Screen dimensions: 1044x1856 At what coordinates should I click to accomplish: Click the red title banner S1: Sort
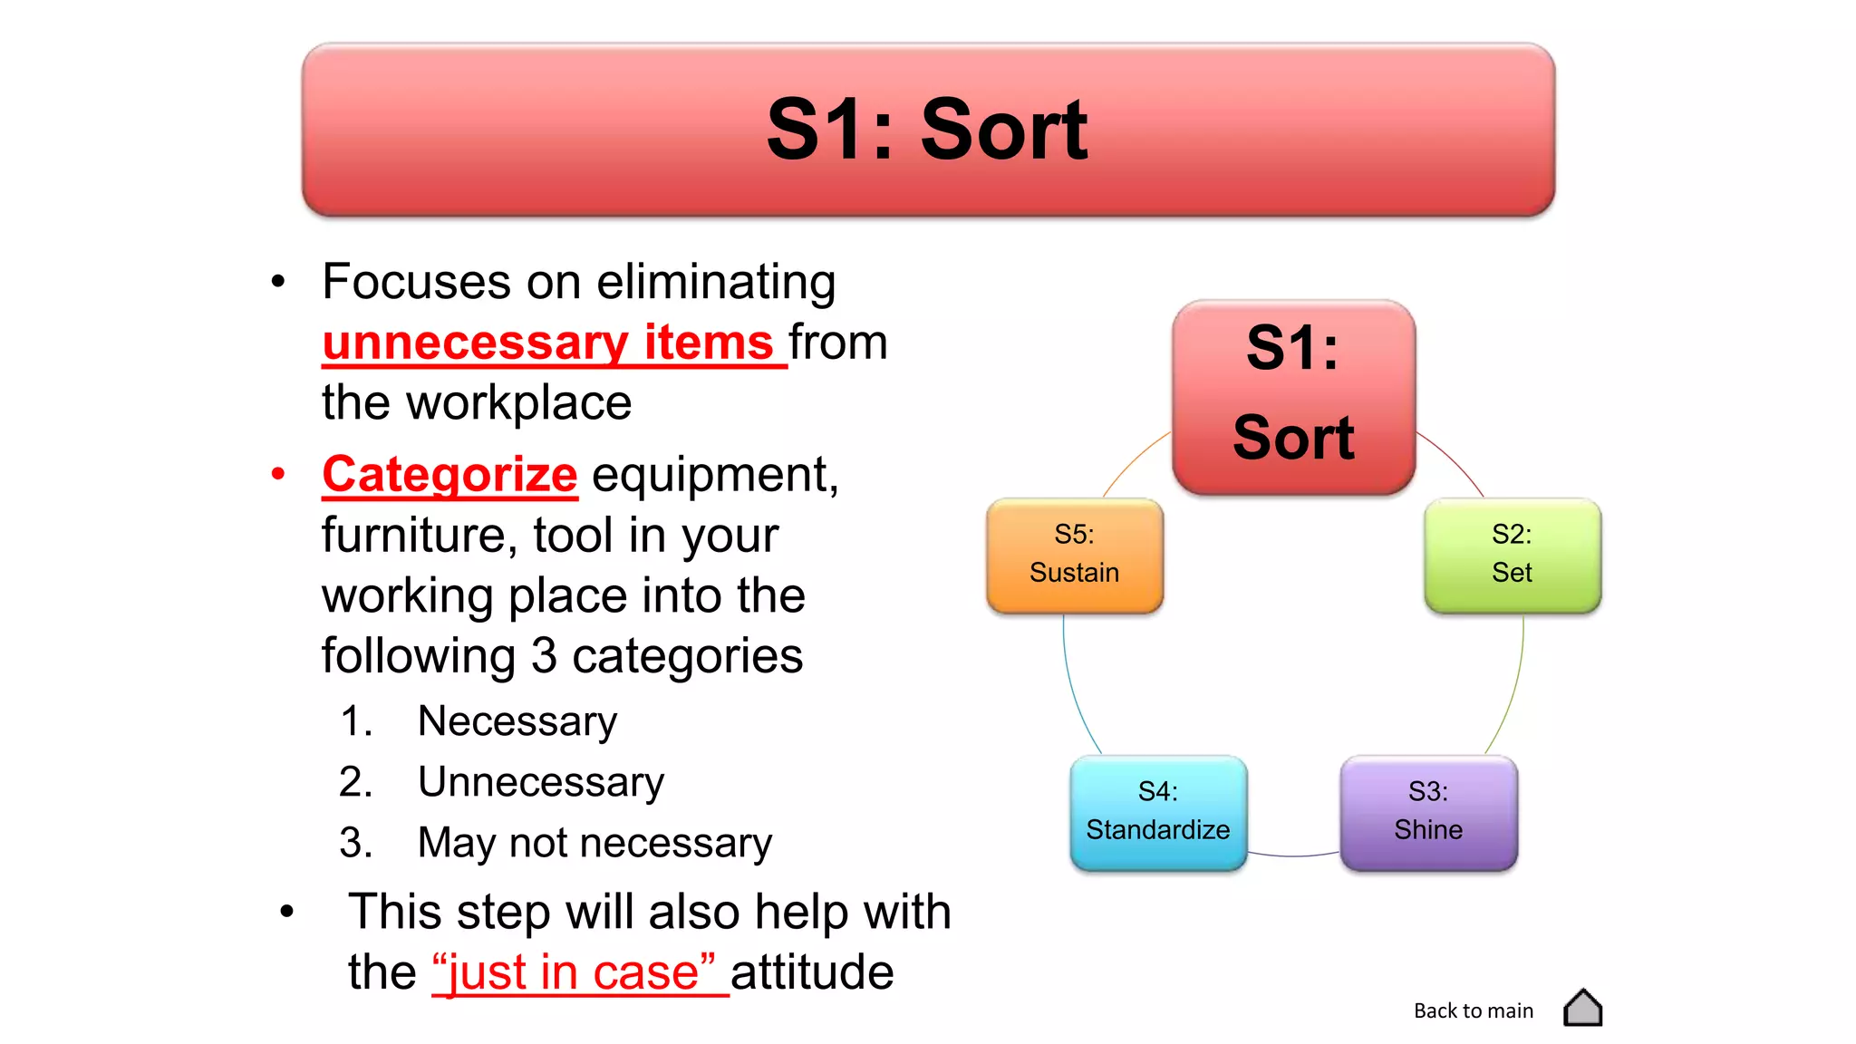(x=928, y=130)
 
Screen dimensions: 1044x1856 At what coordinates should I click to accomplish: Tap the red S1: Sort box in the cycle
(x=1293, y=397)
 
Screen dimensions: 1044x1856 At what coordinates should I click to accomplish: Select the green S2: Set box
(x=1512, y=555)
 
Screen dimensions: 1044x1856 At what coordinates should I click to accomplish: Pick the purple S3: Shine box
(x=1428, y=812)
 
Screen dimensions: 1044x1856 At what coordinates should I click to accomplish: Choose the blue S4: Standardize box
(x=1158, y=812)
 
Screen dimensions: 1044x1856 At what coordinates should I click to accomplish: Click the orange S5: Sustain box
(x=1075, y=555)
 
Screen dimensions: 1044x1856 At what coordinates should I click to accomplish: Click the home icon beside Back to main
(x=1582, y=1008)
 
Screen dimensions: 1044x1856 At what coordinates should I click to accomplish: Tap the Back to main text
(x=1474, y=1010)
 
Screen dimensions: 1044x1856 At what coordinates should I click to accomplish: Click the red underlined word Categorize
(x=449, y=475)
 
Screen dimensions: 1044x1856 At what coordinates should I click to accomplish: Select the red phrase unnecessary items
(x=547, y=343)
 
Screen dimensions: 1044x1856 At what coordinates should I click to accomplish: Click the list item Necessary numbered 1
(x=517, y=721)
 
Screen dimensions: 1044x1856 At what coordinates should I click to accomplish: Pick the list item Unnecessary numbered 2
(x=540, y=782)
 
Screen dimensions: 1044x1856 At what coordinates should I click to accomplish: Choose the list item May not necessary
(x=594, y=843)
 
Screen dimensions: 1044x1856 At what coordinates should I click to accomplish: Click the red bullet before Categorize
(x=278, y=473)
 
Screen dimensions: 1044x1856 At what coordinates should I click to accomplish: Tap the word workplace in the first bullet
(x=518, y=403)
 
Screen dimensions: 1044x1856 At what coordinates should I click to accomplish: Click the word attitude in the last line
(x=812, y=972)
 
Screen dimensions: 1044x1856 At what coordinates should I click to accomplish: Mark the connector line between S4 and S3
(x=1293, y=855)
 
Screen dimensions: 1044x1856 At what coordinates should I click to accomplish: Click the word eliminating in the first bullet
(x=716, y=282)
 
